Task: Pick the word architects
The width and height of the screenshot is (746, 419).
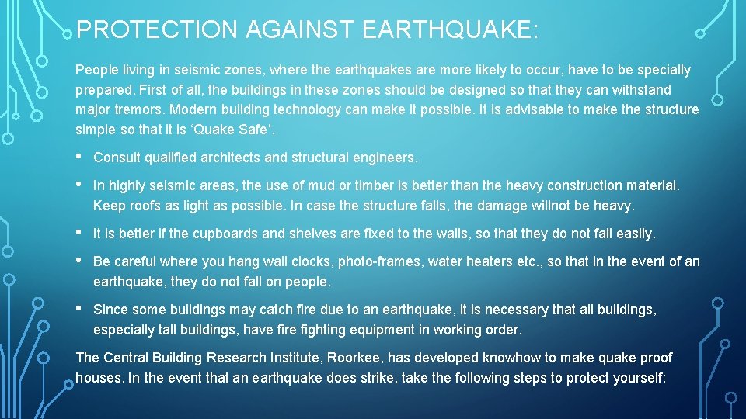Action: pyautogui.click(x=231, y=158)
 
